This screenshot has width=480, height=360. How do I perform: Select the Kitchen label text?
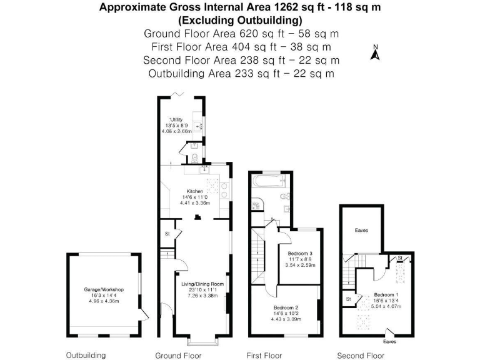coord(194,191)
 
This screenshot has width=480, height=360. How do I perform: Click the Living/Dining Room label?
coord(202,284)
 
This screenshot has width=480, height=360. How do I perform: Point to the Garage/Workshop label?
coord(104,290)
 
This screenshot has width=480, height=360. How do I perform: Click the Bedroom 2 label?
coord(286,307)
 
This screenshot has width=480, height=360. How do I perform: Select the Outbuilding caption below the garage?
coord(86,355)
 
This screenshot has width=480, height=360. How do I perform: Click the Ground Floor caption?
coord(178,355)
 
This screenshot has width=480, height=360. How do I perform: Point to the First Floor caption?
coord(264,355)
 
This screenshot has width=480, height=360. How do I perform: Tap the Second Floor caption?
coord(360,355)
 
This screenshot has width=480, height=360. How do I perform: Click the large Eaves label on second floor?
coord(361,231)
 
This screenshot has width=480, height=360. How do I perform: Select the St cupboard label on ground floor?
coord(167,234)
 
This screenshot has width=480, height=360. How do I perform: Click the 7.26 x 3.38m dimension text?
coord(202,296)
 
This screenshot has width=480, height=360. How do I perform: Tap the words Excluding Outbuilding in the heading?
coord(241,21)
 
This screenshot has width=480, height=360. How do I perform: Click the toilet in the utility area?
coord(194,156)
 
